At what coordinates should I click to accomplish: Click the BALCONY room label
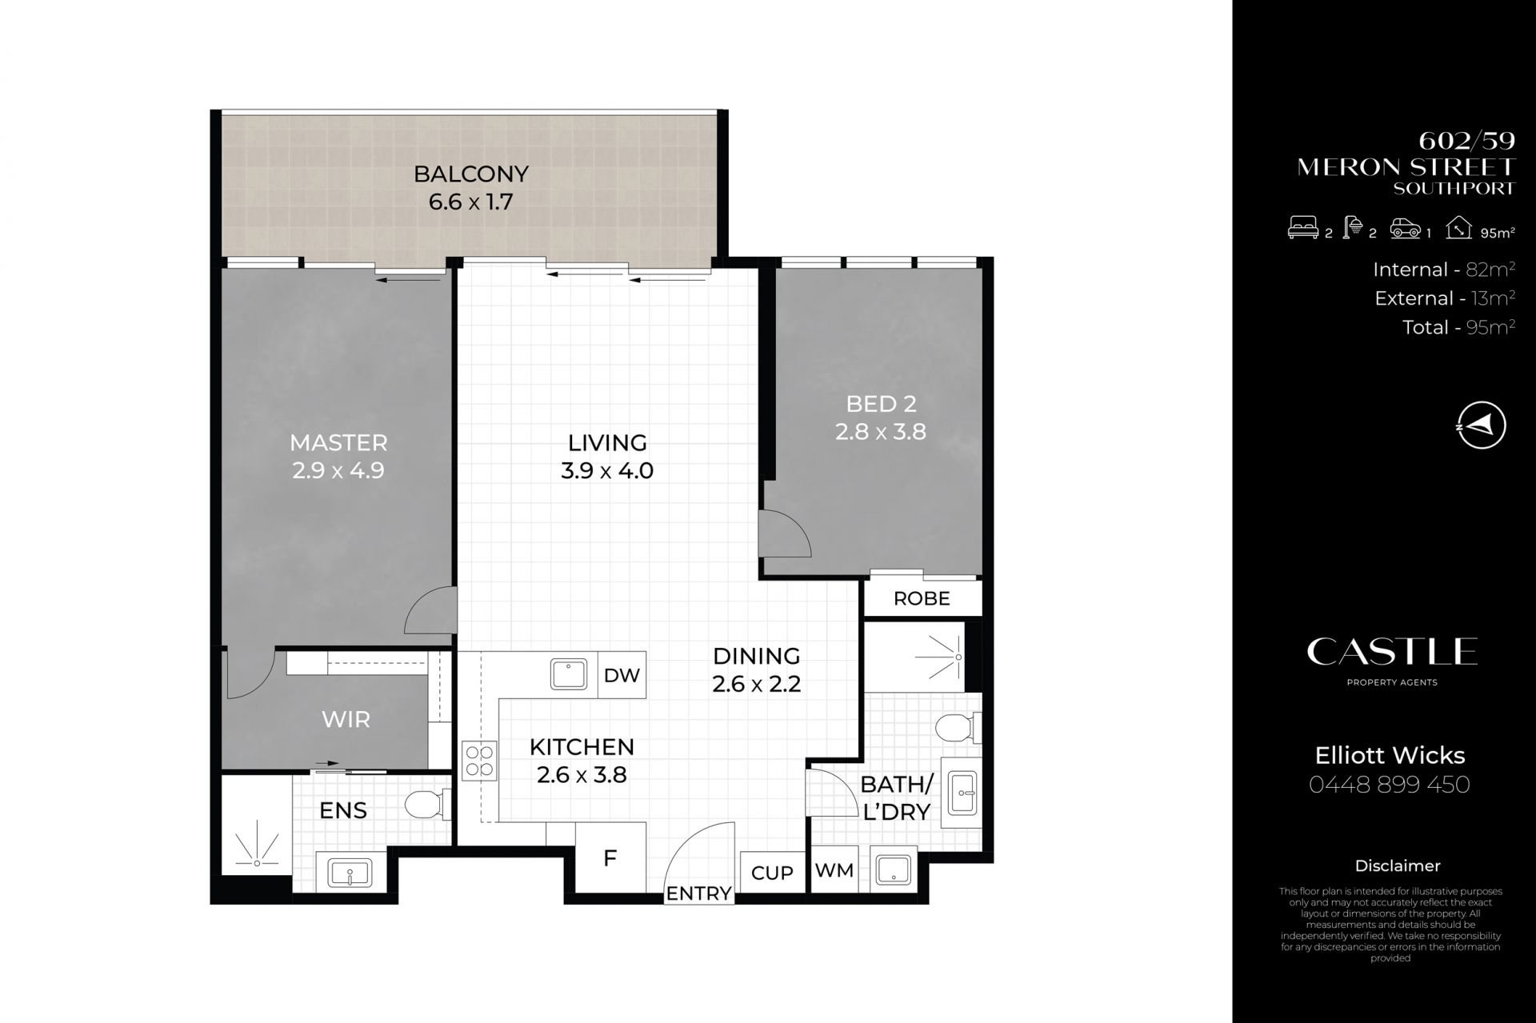point(470,174)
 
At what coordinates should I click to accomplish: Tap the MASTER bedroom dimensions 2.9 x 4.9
point(338,470)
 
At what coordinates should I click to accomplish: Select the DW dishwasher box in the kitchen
point(622,675)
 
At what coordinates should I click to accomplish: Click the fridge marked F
point(610,858)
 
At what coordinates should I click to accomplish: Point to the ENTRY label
point(699,893)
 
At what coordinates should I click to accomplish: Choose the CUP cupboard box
point(772,873)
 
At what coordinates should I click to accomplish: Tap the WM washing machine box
point(834,870)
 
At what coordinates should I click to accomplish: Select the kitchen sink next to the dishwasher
point(569,673)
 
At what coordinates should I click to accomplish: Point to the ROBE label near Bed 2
point(922,598)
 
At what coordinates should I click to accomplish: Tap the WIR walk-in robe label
point(346,719)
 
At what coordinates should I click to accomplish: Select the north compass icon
point(1482,425)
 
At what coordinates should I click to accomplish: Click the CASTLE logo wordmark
point(1392,652)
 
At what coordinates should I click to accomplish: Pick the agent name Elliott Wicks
point(1390,755)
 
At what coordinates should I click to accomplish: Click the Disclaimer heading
point(1398,865)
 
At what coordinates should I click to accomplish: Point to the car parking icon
point(1406,230)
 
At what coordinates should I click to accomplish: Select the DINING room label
point(757,656)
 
